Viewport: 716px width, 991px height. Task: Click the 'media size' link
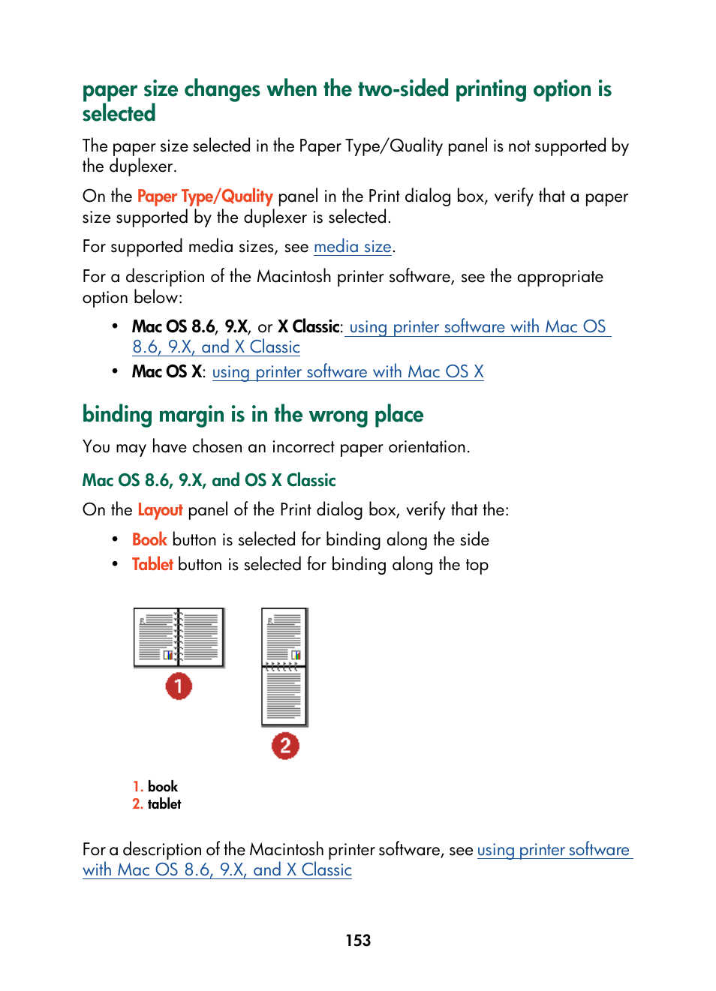pos(352,247)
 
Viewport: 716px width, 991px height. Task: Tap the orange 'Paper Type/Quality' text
pos(205,197)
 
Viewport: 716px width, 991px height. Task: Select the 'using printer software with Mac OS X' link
pos(347,372)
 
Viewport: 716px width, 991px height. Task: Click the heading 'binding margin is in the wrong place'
pos(253,415)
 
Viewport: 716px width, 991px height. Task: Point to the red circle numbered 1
pos(179,686)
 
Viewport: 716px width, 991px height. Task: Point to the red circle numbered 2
pos(285,746)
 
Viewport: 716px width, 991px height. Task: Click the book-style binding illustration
pos(179,638)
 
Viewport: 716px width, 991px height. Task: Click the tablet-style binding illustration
pos(284,666)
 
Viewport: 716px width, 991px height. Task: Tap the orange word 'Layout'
pos(160,510)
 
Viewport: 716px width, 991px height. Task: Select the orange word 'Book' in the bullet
pos(149,540)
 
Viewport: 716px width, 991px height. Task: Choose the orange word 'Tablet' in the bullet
pos(152,565)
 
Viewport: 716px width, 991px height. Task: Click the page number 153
pos(358,941)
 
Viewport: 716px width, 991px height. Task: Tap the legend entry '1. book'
pos(155,787)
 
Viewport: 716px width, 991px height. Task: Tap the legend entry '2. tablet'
pos(157,804)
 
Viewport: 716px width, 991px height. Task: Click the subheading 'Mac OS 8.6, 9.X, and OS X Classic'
pos(209,481)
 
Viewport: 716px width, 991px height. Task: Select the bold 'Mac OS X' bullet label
pos(167,372)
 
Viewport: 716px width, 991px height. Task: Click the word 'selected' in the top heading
pos(119,114)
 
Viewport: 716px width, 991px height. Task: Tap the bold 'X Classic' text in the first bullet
pos(308,327)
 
